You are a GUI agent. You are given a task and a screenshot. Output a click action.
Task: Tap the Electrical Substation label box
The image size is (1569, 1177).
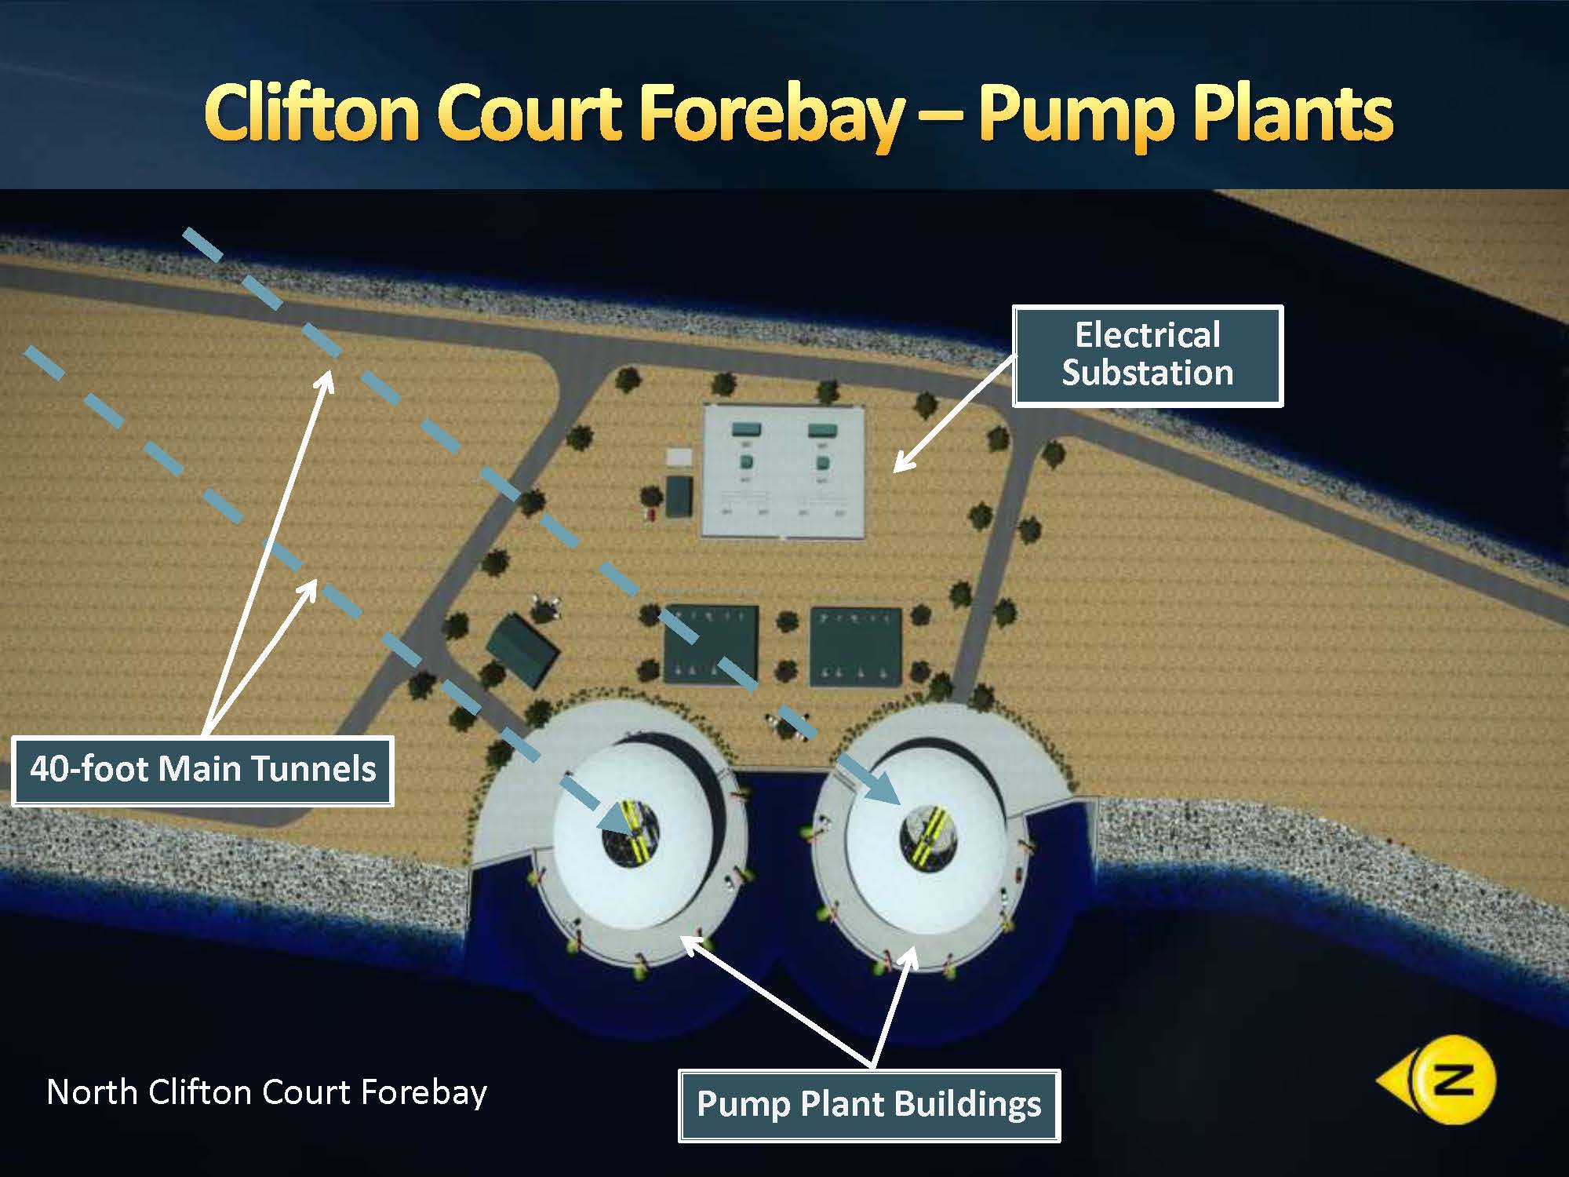pos(1147,355)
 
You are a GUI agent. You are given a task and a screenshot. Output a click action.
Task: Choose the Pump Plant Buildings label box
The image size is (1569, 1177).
pos(869,1105)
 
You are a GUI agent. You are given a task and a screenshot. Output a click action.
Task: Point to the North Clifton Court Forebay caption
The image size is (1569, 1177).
pos(267,1092)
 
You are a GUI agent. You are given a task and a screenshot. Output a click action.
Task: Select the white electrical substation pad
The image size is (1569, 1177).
pos(783,471)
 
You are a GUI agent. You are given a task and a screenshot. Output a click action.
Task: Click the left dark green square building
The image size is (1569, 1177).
pos(711,645)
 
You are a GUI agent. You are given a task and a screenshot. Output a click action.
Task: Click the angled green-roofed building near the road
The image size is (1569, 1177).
pos(522,650)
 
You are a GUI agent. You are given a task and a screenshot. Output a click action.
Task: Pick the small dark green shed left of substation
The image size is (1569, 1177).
pos(679,496)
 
